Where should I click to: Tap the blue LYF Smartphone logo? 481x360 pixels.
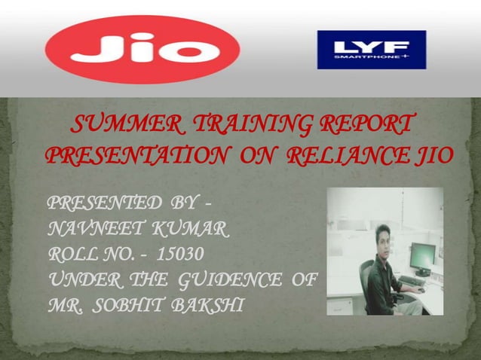pyautogui.click(x=371, y=50)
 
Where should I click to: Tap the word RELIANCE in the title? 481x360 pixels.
pyautogui.click(x=349, y=156)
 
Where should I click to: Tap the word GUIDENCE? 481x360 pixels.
pyautogui.click(x=233, y=281)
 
